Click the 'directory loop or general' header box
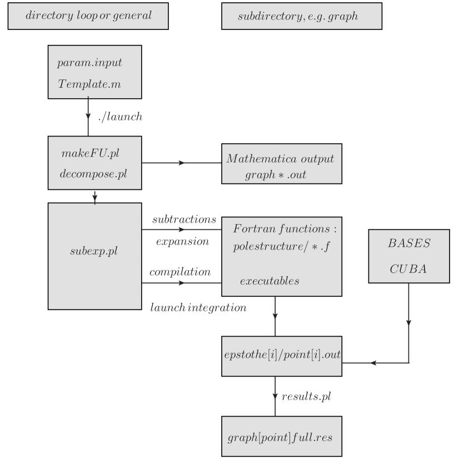click(88, 16)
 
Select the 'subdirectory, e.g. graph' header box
click(301, 16)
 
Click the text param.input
click(89, 62)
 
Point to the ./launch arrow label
click(119, 116)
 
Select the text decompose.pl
click(93, 174)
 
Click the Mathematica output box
click(281, 164)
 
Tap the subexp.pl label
click(94, 250)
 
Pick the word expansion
click(182, 241)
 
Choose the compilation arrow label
click(180, 272)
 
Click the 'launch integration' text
click(198, 307)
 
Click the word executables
click(270, 281)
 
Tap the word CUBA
click(408, 269)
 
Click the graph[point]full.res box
click(281, 438)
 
